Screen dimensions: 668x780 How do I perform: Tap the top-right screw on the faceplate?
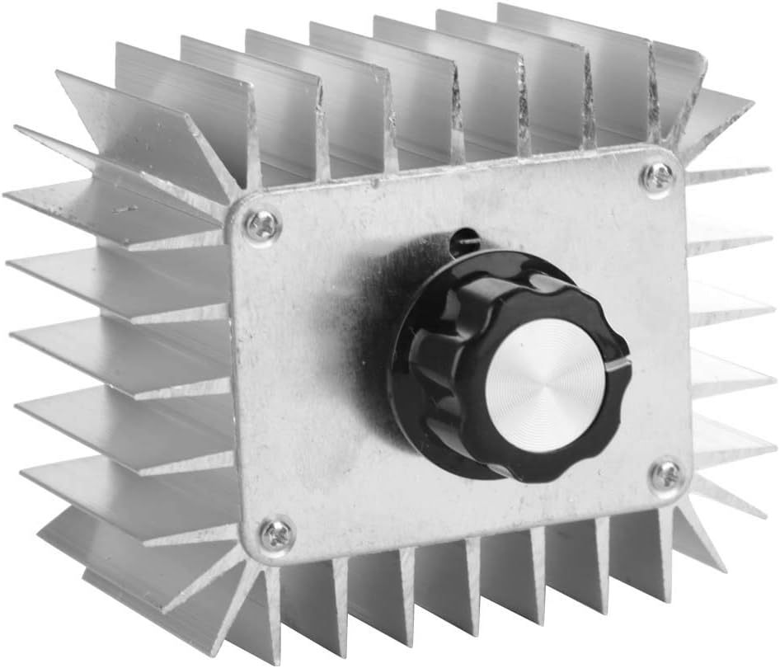[x=657, y=177]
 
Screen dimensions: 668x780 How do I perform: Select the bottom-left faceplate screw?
[x=276, y=534]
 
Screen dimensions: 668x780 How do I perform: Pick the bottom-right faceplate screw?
[x=665, y=475]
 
